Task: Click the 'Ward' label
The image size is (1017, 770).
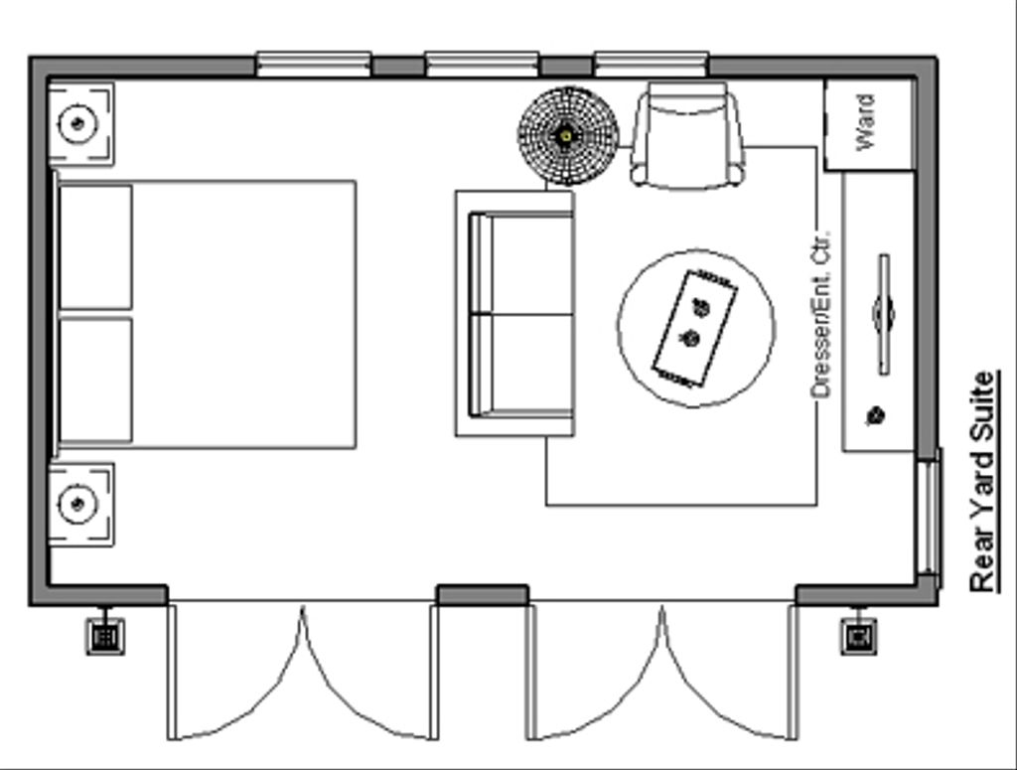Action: (x=865, y=122)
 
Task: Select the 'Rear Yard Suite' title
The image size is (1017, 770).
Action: (x=982, y=482)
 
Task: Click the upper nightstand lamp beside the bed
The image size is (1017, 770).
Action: (x=77, y=123)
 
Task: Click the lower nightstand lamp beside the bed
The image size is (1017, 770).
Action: (x=77, y=503)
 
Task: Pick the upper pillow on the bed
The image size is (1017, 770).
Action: (x=95, y=246)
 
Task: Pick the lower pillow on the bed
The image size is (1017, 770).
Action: (x=95, y=380)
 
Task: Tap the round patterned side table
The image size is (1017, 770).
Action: (x=567, y=134)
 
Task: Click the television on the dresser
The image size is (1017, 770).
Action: (x=883, y=314)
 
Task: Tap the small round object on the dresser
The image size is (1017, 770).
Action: (x=876, y=415)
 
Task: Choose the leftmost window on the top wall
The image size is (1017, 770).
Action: (x=314, y=66)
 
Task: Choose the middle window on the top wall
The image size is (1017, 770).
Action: (x=483, y=66)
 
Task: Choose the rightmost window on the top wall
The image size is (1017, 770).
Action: (x=652, y=66)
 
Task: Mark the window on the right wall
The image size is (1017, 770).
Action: (x=928, y=517)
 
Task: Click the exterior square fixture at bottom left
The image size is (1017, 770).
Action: (x=105, y=635)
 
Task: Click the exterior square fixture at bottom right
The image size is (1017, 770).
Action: (x=859, y=635)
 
